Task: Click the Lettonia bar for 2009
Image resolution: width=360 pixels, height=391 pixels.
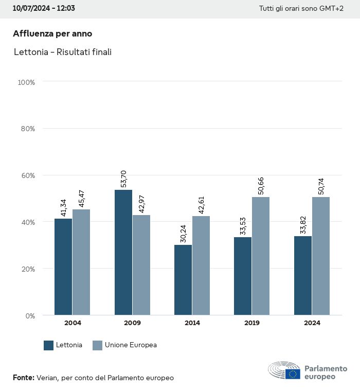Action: pos(123,252)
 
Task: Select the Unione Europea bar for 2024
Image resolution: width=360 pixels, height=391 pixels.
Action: pos(320,256)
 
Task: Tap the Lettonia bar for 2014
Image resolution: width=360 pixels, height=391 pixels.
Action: pos(183,280)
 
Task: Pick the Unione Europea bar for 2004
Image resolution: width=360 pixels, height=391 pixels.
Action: pos(81,262)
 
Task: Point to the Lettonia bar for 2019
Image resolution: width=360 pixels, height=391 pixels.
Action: pos(243,276)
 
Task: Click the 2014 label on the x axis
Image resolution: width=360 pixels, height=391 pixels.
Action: pos(192,323)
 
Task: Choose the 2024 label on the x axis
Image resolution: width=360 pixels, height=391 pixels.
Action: pos(312,323)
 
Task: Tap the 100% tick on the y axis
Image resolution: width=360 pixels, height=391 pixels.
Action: pos(26,82)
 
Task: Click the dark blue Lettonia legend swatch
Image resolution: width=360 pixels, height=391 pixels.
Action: pos(49,345)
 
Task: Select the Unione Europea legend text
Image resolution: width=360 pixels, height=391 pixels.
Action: pos(131,345)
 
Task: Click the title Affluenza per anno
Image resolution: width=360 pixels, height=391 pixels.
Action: pos(52,33)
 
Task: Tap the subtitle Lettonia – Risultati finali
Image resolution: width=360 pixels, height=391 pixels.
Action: pos(63,52)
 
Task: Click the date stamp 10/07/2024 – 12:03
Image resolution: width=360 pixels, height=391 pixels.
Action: pos(44,9)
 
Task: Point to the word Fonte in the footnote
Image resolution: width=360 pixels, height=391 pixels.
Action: pos(23,378)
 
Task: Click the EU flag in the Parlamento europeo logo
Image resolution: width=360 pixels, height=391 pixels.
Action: pos(293,374)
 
